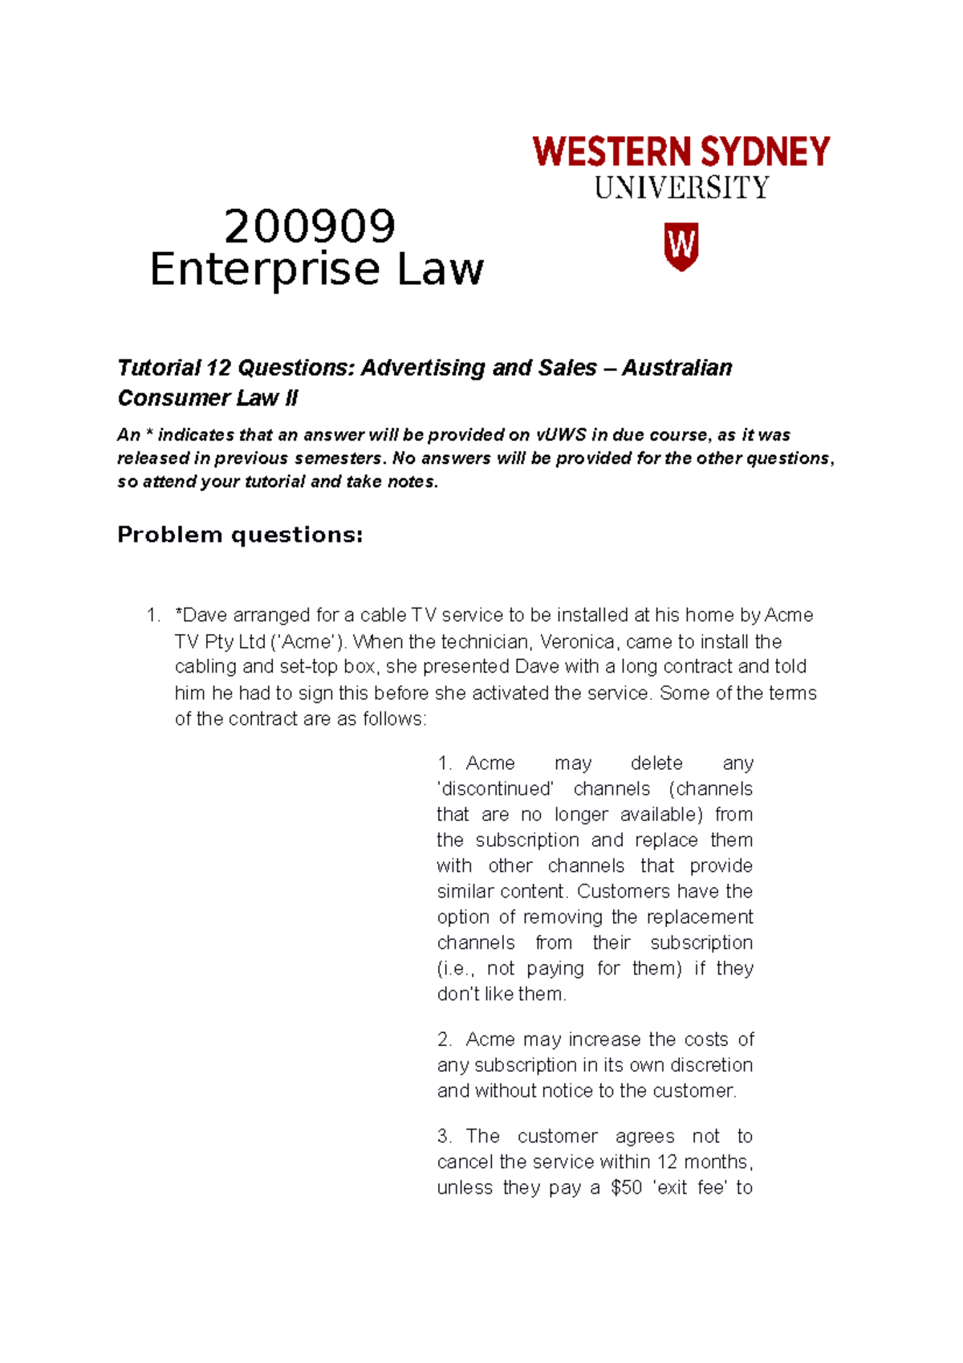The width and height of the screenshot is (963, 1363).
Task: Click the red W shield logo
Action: (681, 246)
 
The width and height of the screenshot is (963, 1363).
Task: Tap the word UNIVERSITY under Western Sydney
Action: (681, 188)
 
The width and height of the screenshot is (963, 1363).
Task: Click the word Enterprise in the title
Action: (264, 270)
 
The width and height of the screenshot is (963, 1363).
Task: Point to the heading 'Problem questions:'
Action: (240, 535)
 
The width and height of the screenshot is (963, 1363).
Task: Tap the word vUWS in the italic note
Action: (559, 435)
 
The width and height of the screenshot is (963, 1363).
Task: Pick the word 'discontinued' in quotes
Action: (495, 788)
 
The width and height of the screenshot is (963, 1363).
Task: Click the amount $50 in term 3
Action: (626, 1187)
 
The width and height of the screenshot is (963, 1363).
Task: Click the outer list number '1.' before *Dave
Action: (153, 616)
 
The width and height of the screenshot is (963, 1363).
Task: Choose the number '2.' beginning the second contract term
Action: (445, 1040)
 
